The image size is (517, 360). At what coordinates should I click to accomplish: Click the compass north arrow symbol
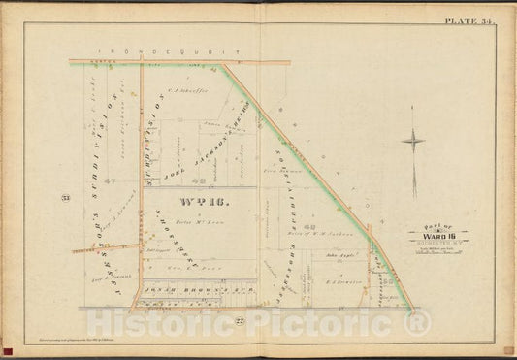412,141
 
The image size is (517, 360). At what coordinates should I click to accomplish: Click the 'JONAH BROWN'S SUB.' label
200,290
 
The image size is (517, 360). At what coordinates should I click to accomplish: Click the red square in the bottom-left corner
9,349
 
